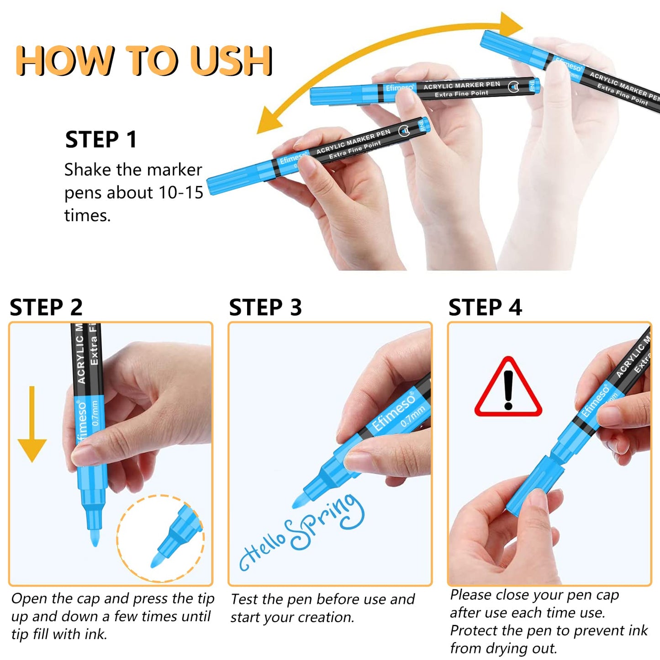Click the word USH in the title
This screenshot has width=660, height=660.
point(232,61)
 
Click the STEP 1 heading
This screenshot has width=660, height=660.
point(101,140)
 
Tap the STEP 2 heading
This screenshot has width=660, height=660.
point(46,307)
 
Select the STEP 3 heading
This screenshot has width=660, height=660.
point(265,307)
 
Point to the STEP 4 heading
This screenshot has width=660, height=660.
point(486,307)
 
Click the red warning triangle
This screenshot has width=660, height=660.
point(508,387)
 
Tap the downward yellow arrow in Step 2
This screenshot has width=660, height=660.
point(32,424)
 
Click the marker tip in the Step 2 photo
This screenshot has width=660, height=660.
point(94,538)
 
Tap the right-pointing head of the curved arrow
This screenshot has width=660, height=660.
point(510,24)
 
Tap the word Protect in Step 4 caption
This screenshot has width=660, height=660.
point(472,631)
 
